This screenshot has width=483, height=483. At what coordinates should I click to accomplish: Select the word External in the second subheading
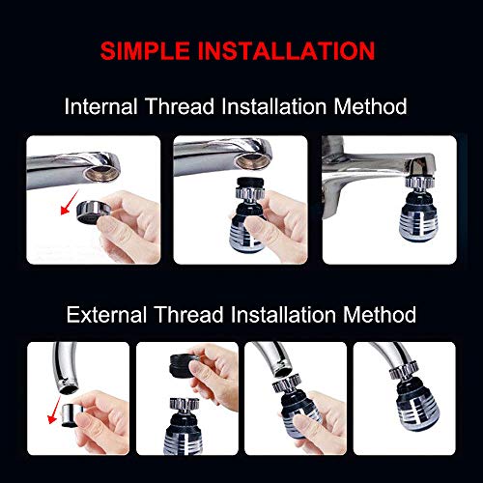click(105, 315)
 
